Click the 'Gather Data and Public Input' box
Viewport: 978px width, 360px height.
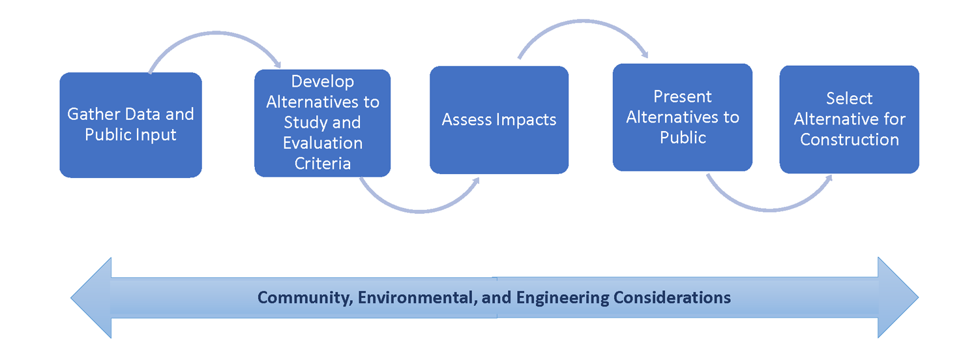130,125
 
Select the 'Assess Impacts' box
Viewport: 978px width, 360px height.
499,120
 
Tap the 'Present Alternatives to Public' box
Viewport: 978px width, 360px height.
683,117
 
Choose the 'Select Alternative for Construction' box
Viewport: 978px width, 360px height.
849,119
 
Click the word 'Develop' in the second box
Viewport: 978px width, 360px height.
323,82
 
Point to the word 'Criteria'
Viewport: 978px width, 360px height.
323,164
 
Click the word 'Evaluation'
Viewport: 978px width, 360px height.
323,143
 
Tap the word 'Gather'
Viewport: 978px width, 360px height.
93,114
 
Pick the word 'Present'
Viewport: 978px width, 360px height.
683,97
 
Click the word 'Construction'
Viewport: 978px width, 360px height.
850,140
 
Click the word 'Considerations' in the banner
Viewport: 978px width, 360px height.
672,297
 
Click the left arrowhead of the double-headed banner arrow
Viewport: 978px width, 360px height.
91,298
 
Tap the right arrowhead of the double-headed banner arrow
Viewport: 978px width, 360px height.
898,297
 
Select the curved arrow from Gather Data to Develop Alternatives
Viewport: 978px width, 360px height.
216,33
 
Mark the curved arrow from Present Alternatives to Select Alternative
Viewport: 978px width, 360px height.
769,211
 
